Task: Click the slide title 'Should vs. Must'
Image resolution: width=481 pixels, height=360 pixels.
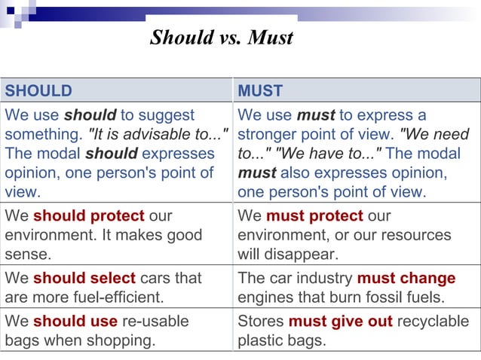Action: (221, 37)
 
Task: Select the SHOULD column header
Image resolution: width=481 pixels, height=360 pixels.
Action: (38, 91)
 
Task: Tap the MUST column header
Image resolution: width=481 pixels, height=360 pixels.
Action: (260, 91)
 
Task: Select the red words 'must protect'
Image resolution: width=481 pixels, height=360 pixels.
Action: (314, 216)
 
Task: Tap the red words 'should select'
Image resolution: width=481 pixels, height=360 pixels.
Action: (84, 278)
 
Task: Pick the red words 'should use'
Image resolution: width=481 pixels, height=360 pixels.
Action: (75, 322)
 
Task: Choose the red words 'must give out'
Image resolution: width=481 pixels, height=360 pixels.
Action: (340, 322)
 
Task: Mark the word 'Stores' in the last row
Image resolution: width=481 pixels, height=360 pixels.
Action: (260, 322)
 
